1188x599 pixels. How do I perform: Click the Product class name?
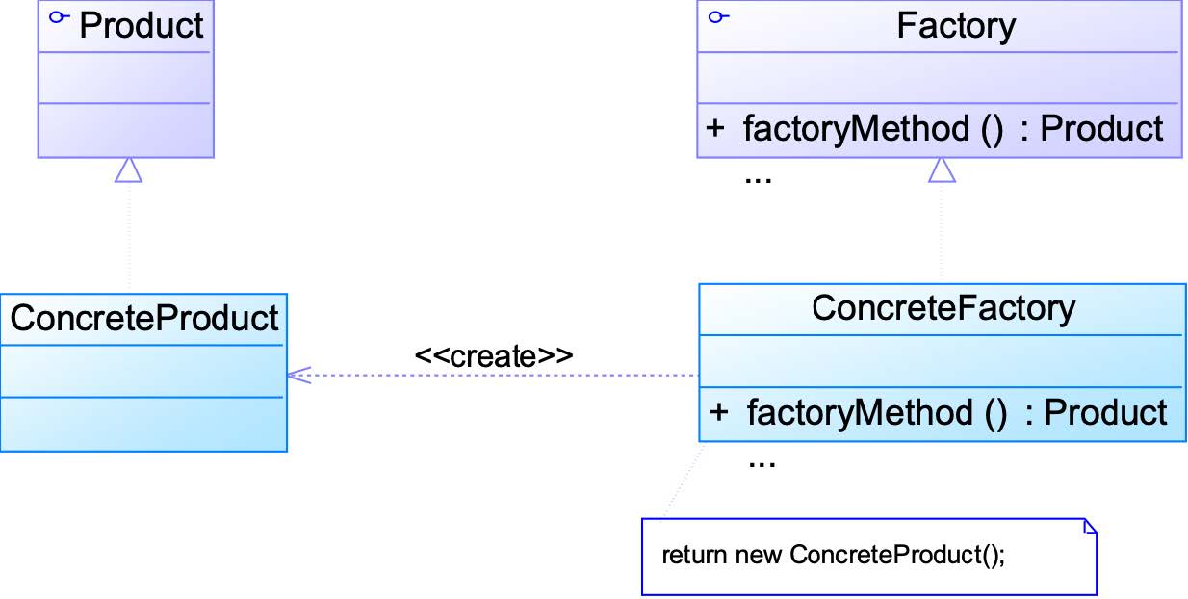click(x=142, y=25)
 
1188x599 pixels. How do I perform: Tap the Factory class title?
click(x=956, y=25)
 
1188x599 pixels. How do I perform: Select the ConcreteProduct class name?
click(x=144, y=318)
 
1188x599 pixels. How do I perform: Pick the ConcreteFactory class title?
click(x=943, y=308)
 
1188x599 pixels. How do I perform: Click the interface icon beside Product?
click(x=59, y=17)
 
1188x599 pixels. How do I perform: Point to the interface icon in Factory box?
click(x=718, y=17)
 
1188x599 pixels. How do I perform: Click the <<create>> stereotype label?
click(x=494, y=356)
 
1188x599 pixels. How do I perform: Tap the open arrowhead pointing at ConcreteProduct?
click(x=298, y=376)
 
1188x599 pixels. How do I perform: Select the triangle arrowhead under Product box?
click(x=128, y=169)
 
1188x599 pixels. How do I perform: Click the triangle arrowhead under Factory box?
click(x=942, y=169)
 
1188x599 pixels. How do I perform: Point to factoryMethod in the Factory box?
click(x=856, y=129)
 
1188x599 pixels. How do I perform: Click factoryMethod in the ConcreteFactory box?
click(x=860, y=412)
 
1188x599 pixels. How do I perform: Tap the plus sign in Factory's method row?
click(x=715, y=128)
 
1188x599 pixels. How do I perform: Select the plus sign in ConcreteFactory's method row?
click(x=718, y=412)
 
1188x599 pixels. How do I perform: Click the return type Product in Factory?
click(x=1101, y=128)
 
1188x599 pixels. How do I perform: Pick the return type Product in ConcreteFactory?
click(x=1105, y=412)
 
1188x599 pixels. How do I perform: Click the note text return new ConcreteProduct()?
click(x=833, y=555)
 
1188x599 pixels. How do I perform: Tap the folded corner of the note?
click(x=1090, y=526)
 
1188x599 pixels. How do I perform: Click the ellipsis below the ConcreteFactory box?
click(x=762, y=464)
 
